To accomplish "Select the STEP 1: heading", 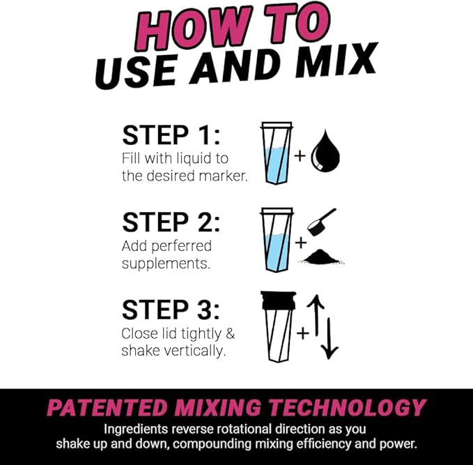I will pos(171,137).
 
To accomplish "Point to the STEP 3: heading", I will pos(171,309).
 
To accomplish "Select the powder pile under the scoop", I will pos(322,257).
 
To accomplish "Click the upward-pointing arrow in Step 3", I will pos(316,317).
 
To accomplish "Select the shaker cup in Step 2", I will pos(277,241).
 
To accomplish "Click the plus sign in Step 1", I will pos(300,155).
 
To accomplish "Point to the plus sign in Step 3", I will pos(302,334).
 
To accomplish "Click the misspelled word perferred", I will pos(184,246).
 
